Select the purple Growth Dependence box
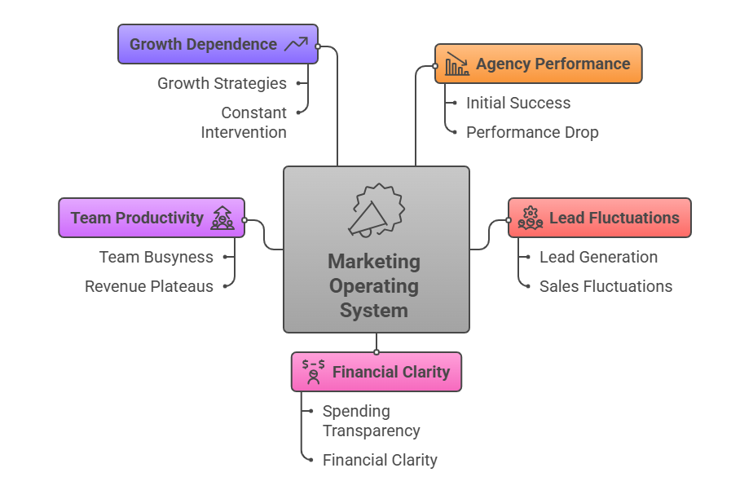pyautogui.click(x=218, y=44)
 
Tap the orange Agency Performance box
pyautogui.click(x=538, y=64)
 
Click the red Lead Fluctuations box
pyautogui.click(x=599, y=218)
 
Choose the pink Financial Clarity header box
pyautogui.click(x=376, y=372)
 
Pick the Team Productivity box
pyautogui.click(x=152, y=218)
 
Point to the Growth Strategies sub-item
pyautogui.click(x=222, y=83)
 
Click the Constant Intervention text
pyautogui.click(x=244, y=122)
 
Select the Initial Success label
pyautogui.click(x=518, y=103)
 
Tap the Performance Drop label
pyautogui.click(x=532, y=132)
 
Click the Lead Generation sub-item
pyautogui.click(x=598, y=257)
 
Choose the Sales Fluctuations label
pyautogui.click(x=605, y=286)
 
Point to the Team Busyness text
pyautogui.click(x=156, y=257)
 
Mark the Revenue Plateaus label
pyautogui.click(x=149, y=286)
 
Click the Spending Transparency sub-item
pyautogui.click(x=371, y=421)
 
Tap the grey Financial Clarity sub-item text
pyautogui.click(x=380, y=460)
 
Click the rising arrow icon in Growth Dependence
pyautogui.click(x=295, y=44)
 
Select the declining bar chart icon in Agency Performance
pyautogui.click(x=457, y=64)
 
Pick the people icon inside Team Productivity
pyautogui.click(x=222, y=218)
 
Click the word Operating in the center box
pyautogui.click(x=374, y=286)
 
